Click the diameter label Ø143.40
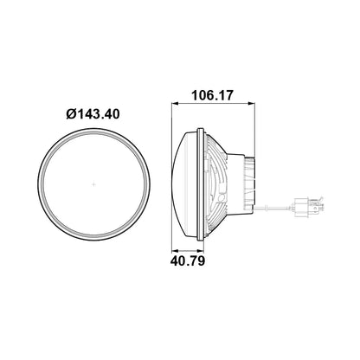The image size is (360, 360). tap(93, 114)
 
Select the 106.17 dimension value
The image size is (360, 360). tap(212, 95)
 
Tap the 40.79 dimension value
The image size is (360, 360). tap(188, 260)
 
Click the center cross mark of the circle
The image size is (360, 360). tap(93, 184)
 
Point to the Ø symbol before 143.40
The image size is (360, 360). tap(71, 114)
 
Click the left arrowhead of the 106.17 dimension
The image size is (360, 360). tap(175, 103)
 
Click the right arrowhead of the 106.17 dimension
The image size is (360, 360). tap(252, 103)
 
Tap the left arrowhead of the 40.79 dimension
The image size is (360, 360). tap(175, 250)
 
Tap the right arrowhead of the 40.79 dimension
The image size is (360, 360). tap(201, 250)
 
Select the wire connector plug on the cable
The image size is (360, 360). tap(308, 205)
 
